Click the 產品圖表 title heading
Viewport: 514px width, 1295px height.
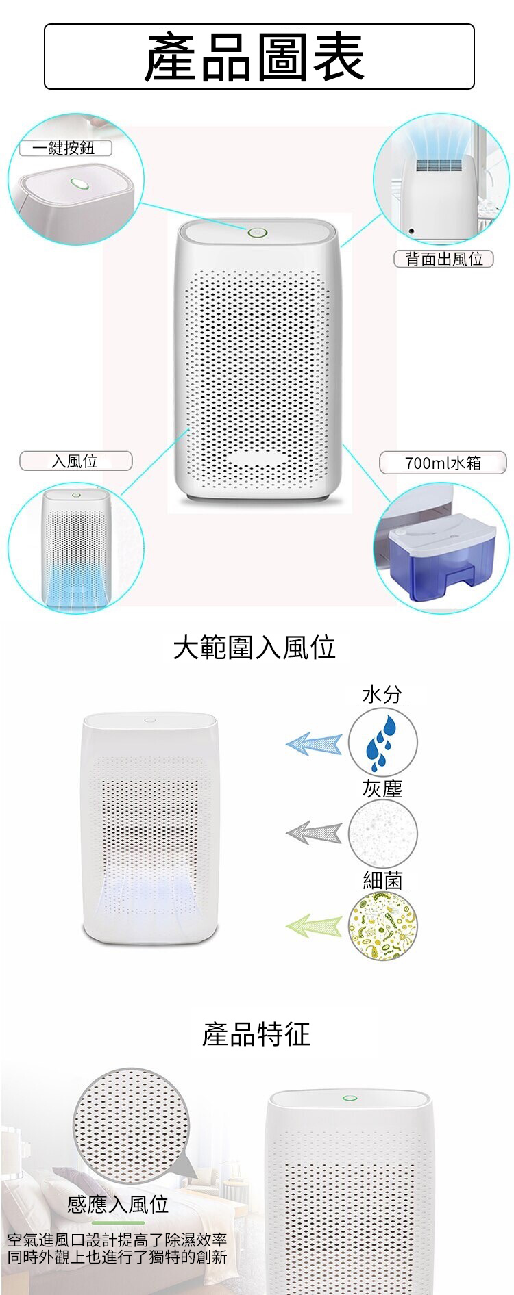pyautogui.click(x=255, y=57)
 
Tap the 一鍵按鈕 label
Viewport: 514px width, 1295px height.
pyautogui.click(x=65, y=148)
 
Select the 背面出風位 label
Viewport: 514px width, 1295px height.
pyautogui.click(x=444, y=259)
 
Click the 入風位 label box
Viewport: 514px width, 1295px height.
pyautogui.click(x=75, y=461)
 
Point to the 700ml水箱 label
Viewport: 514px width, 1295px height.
pyautogui.click(x=443, y=463)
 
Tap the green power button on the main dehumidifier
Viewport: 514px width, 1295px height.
pyautogui.click(x=258, y=232)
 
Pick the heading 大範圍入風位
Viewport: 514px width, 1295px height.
pyautogui.click(x=254, y=647)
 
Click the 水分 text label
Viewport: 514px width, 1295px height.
pyautogui.click(x=382, y=695)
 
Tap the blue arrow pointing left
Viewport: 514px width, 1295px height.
pyautogui.click(x=314, y=743)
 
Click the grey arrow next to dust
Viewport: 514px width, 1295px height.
pyautogui.click(x=314, y=832)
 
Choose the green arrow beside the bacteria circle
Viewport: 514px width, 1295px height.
pyautogui.click(x=314, y=926)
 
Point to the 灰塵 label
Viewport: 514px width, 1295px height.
pyautogui.click(x=382, y=788)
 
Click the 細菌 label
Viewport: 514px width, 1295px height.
pyautogui.click(x=382, y=880)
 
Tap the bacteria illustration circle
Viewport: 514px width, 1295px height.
pyautogui.click(x=382, y=927)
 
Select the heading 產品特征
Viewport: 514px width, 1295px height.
pyautogui.click(x=256, y=1034)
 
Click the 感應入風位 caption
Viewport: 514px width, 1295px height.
pyautogui.click(x=118, y=1204)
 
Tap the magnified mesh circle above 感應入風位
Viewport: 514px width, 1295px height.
pyautogui.click(x=132, y=1125)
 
